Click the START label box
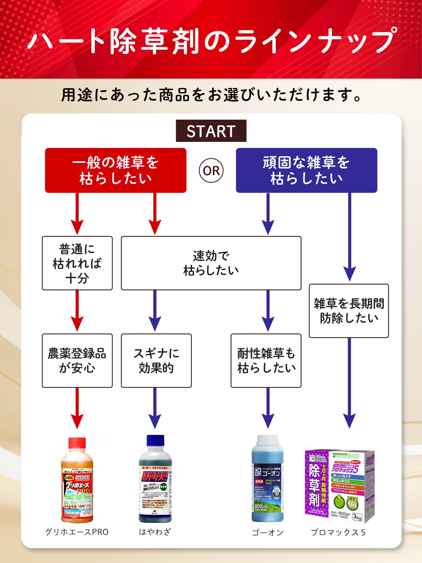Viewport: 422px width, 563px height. pos(211,131)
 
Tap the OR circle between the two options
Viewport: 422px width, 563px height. pos(211,171)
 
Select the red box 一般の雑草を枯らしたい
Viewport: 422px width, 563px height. pos(116,170)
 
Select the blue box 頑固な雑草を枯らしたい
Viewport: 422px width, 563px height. pos(306,170)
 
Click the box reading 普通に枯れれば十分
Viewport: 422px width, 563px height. pos(77,263)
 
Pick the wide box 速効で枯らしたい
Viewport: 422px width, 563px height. pos(211,263)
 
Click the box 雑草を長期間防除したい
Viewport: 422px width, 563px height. pos(349,311)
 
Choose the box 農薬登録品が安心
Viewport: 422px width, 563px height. pos(77,361)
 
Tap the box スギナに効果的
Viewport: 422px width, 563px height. pos(156,361)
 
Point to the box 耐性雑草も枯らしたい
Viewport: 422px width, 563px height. pos(266,361)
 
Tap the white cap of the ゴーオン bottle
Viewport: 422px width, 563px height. pos(268,439)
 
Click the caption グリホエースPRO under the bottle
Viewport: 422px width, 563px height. pos(77,532)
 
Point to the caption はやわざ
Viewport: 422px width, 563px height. pos(155,532)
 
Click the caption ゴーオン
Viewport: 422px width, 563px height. pos(268,533)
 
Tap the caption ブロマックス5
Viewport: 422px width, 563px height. pos(338,533)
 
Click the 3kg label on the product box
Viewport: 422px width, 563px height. pos(357,517)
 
